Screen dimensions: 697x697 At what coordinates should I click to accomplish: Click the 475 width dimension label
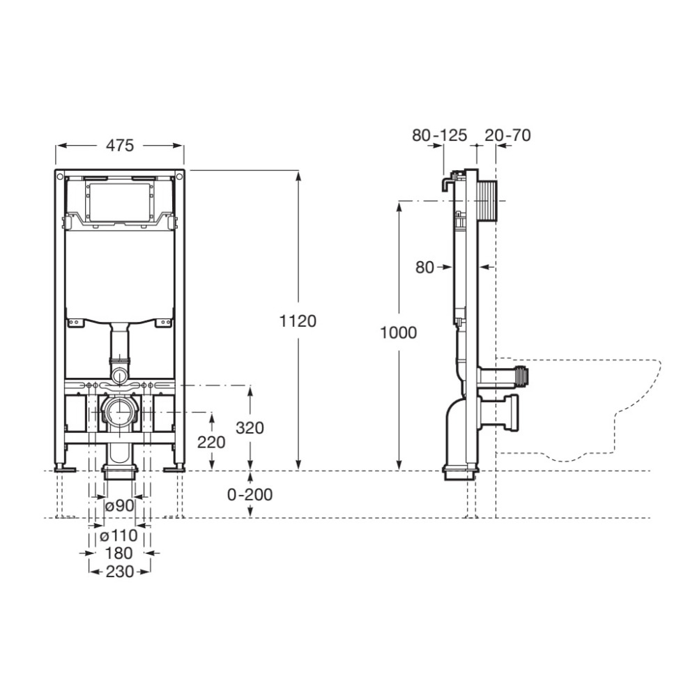coord(120,146)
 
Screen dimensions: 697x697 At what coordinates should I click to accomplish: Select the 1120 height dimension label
coord(298,321)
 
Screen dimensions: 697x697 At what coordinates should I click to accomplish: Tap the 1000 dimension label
coord(398,332)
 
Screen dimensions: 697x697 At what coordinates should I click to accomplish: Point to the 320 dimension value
coord(250,428)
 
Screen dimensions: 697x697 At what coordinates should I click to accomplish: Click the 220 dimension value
coord(211,442)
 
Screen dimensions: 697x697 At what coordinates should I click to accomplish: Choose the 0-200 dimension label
coord(250,494)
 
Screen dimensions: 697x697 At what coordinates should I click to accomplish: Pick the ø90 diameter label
coord(119,505)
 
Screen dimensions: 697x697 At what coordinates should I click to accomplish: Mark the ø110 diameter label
coord(119,535)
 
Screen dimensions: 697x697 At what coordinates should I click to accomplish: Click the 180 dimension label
coord(119,553)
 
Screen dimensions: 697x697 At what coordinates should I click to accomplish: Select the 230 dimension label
coord(119,572)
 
